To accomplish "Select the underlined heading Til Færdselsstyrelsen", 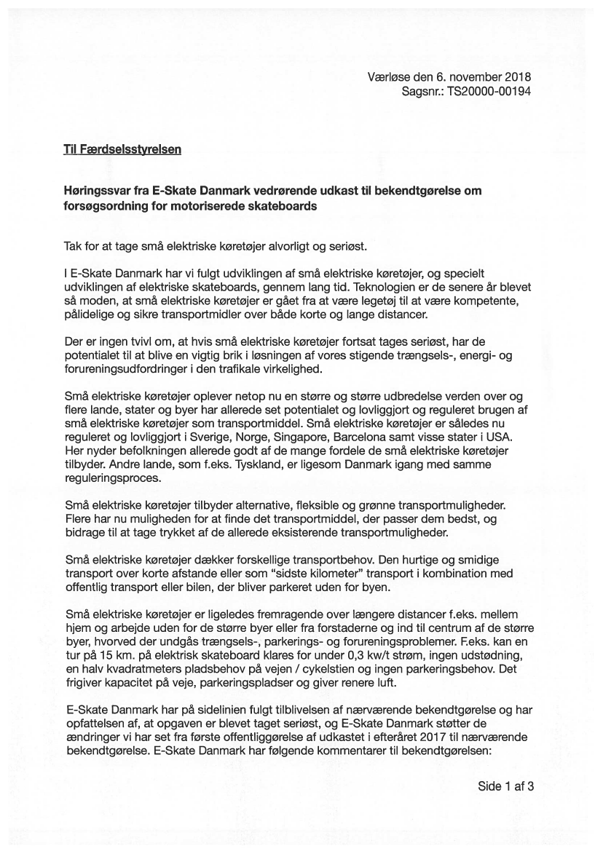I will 122,151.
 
